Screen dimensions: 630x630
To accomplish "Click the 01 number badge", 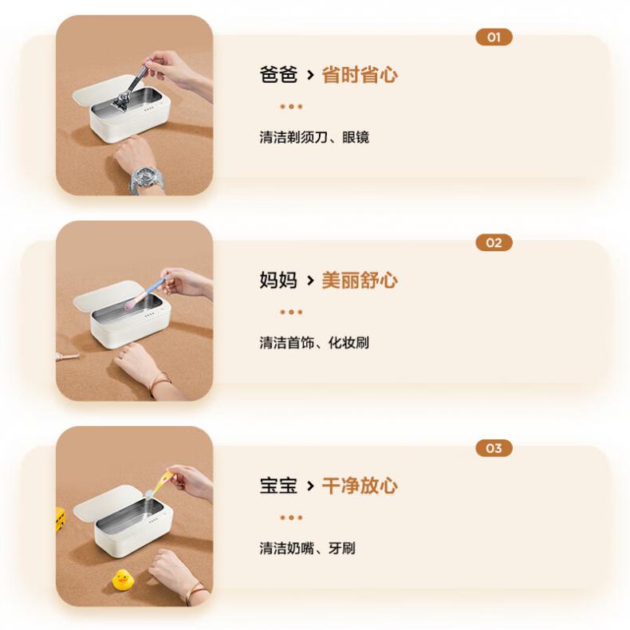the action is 494,37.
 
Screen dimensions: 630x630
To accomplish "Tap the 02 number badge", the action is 494,242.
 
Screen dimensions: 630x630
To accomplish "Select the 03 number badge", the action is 494,448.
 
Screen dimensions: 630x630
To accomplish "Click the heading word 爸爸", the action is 278,75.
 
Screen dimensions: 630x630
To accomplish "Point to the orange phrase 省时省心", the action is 360,75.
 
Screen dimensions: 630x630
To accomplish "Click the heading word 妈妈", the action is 278,280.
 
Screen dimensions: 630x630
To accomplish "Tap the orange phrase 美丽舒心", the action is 360,280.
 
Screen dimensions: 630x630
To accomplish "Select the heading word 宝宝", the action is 278,486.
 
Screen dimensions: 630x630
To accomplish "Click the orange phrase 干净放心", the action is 360,486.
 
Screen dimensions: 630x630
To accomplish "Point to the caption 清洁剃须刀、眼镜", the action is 314,137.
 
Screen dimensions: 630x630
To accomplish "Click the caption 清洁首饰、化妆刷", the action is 314,343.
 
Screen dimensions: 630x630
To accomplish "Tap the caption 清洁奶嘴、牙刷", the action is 307,548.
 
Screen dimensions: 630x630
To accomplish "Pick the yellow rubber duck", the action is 122,580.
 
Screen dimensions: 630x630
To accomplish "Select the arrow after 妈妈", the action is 309,281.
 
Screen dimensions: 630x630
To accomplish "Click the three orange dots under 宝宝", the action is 291,518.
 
